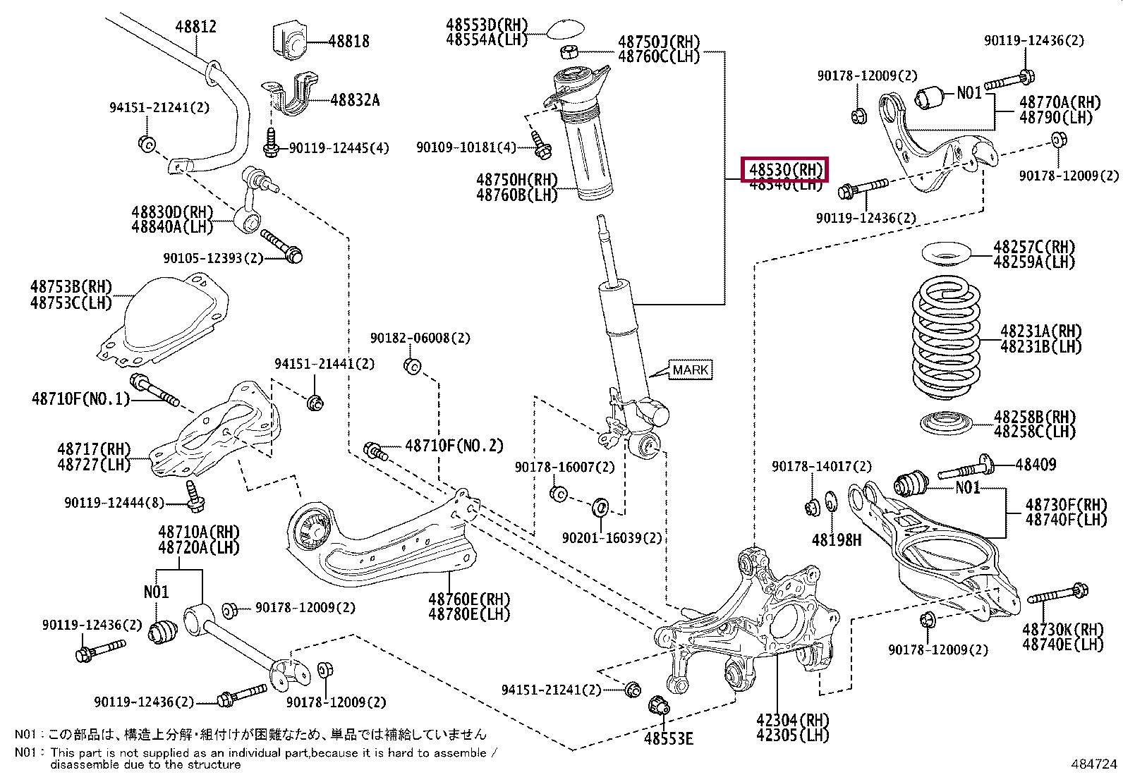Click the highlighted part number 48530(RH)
click(x=785, y=170)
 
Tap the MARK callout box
click(x=690, y=370)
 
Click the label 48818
click(x=348, y=42)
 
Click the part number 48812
click(x=195, y=27)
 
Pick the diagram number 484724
click(x=1093, y=764)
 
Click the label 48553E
click(x=668, y=738)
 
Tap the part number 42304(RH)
click(x=792, y=720)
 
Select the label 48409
click(x=1036, y=464)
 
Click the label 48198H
click(x=836, y=540)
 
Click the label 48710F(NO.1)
click(x=81, y=399)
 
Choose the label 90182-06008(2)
click(x=420, y=338)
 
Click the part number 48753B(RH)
click(x=71, y=287)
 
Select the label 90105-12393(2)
click(x=212, y=258)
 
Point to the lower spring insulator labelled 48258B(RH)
click(x=946, y=424)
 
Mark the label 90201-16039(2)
click(x=612, y=538)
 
